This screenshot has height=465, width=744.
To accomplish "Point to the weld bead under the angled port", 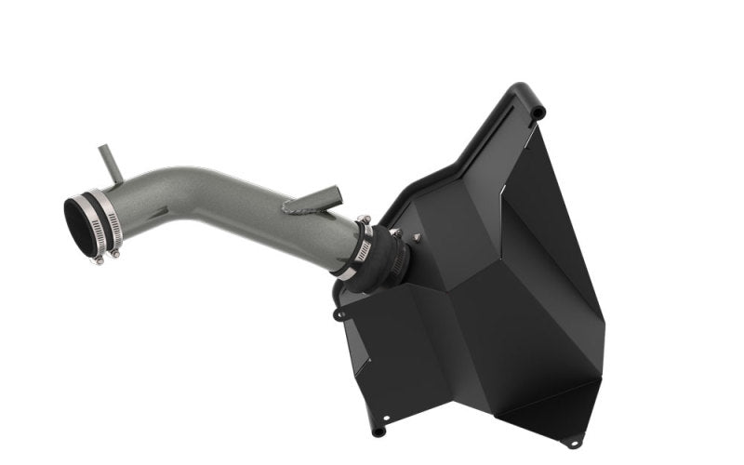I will tap(299, 211).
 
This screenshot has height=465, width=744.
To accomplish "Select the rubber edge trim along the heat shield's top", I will tap(465, 149).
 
